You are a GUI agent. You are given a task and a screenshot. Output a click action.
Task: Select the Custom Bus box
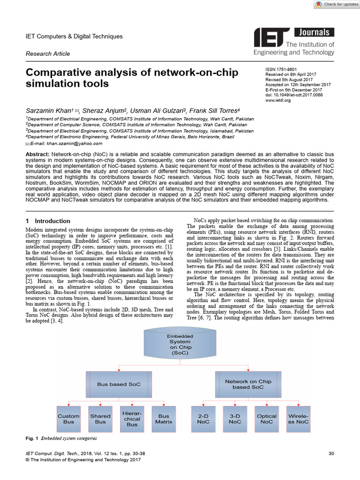[69, 419]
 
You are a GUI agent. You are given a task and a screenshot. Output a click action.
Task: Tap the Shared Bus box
[100, 419]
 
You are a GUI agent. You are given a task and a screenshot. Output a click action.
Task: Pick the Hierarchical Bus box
[132, 419]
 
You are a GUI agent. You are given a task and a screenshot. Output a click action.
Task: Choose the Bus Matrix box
[164, 419]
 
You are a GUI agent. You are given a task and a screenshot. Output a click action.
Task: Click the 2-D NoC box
[203, 419]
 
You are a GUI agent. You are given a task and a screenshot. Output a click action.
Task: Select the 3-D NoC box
[235, 419]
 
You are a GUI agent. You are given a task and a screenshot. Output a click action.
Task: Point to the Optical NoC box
[267, 419]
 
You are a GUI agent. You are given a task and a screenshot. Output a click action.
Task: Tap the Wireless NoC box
[298, 419]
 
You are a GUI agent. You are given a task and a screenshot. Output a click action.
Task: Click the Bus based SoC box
[119, 384]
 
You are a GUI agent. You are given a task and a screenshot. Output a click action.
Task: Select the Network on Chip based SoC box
[248, 384]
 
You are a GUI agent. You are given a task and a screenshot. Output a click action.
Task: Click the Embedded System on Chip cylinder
[180, 345]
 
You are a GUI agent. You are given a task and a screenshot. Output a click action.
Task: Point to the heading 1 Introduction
[48, 221]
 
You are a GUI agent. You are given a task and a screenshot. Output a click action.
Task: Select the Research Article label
[48, 54]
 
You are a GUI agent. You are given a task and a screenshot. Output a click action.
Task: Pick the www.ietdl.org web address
[278, 100]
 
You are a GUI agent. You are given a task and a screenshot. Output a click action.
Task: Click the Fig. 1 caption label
[31, 438]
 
